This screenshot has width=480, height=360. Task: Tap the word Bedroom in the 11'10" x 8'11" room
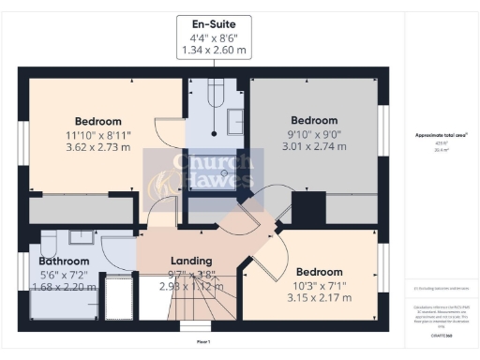click(98, 122)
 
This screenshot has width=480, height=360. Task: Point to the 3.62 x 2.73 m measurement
click(98, 148)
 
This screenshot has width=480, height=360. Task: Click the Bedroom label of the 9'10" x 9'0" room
click(314, 121)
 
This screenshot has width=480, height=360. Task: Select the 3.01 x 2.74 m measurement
click(314, 147)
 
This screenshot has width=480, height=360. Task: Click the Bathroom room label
click(64, 261)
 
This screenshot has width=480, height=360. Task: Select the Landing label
click(191, 261)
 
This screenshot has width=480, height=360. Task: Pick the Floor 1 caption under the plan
click(202, 342)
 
